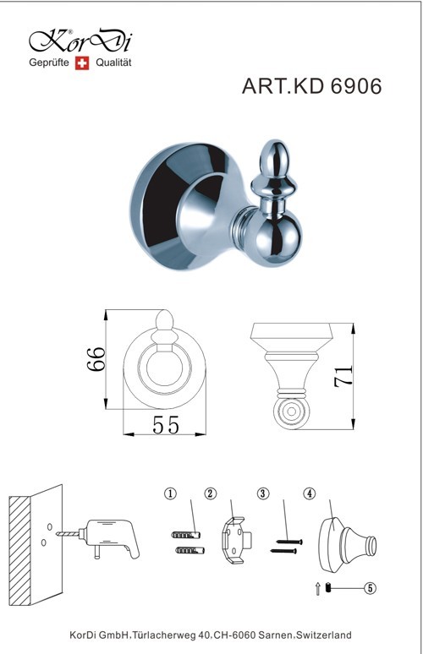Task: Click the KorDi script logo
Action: click(x=80, y=41)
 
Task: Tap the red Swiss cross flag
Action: click(x=82, y=63)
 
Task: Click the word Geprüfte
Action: click(x=49, y=63)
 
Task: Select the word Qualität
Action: click(x=113, y=63)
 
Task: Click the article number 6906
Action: click(x=356, y=86)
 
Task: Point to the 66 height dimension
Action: click(x=96, y=359)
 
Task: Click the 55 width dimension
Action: click(x=165, y=425)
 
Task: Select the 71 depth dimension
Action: click(x=343, y=376)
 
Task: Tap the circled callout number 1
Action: click(x=170, y=493)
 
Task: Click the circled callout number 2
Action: click(x=211, y=493)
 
